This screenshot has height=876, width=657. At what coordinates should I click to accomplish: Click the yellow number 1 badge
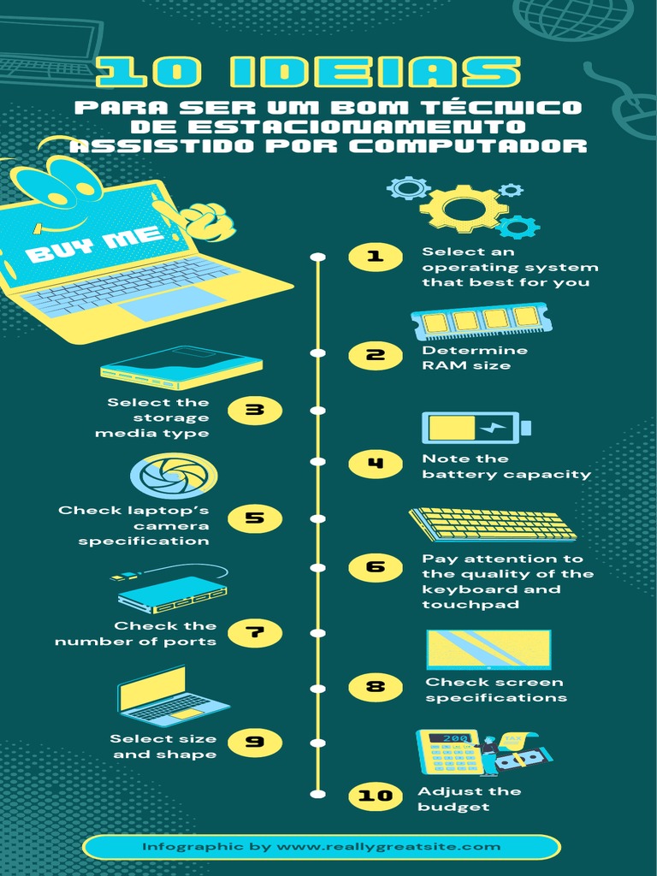(375, 256)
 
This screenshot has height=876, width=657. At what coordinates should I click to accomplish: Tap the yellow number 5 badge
(254, 518)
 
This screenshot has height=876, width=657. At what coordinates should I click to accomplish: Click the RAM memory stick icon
(482, 321)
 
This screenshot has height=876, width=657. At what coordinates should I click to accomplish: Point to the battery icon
(476, 428)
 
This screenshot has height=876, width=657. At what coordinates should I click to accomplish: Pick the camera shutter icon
(174, 476)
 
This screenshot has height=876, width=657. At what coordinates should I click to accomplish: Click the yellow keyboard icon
(494, 524)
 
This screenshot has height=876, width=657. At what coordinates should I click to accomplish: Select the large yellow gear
(463, 208)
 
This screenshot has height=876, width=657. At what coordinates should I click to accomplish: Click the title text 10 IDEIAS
(308, 73)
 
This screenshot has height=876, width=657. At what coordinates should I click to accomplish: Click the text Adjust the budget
(469, 799)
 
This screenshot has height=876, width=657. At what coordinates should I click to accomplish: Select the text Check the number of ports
(137, 634)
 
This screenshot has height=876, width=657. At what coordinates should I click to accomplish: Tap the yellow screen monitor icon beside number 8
(489, 650)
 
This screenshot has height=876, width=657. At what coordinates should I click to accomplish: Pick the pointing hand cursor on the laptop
(204, 220)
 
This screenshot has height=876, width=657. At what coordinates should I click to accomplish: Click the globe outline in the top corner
(573, 15)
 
